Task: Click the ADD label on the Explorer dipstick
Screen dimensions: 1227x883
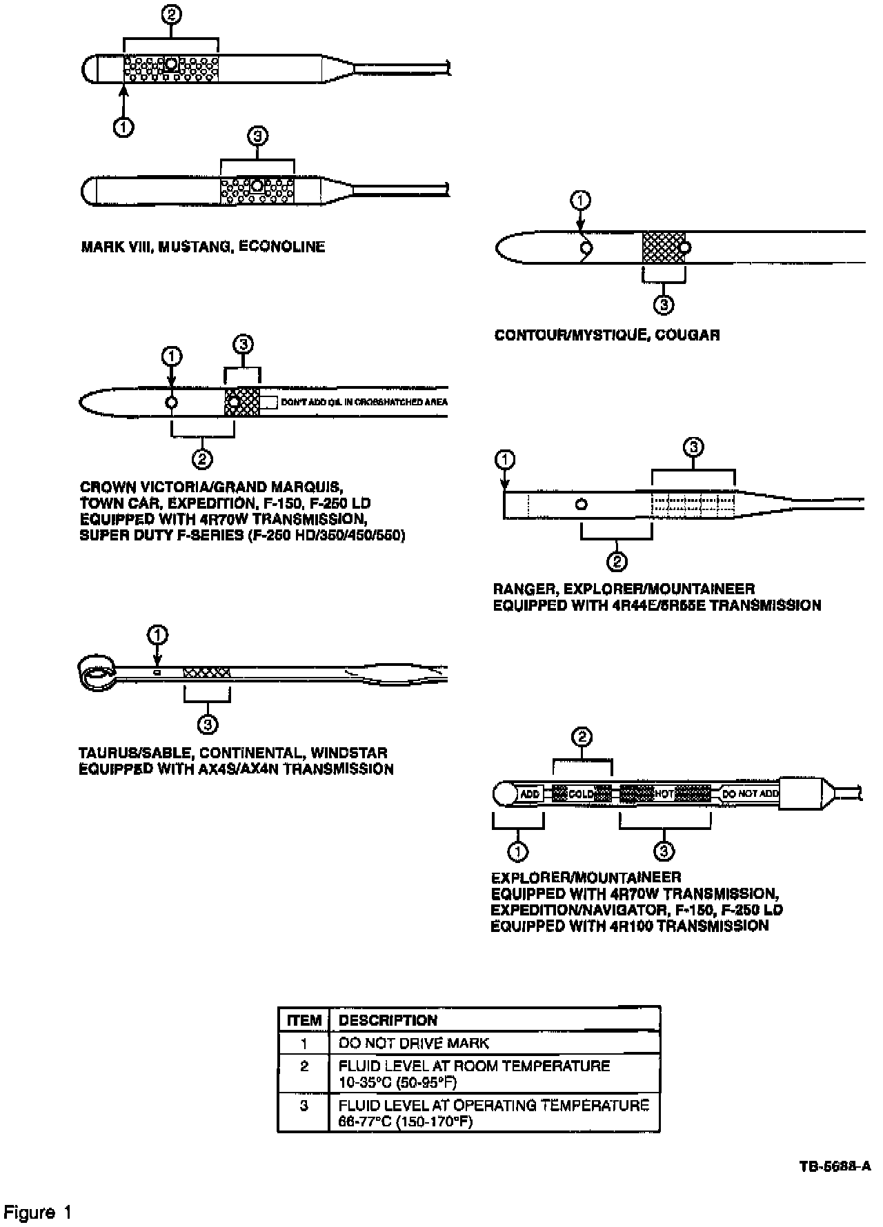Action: [530, 793]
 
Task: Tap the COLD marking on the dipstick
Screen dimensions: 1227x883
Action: [582, 793]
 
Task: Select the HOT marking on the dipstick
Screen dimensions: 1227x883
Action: [664, 793]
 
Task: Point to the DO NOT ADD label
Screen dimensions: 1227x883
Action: [750, 793]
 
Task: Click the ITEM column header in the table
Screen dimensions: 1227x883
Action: [304, 1020]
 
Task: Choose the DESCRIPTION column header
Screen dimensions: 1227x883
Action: [388, 1020]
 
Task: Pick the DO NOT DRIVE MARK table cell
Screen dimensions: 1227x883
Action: [413, 1044]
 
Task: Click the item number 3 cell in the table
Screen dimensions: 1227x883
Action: [304, 1106]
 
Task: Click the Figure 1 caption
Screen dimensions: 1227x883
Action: [38, 1212]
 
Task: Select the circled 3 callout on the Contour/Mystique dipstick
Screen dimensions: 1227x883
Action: [663, 304]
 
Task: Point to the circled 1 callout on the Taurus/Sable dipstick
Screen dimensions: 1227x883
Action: [159, 634]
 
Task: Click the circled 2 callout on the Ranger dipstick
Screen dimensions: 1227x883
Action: [616, 561]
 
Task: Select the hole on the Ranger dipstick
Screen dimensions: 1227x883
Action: [582, 505]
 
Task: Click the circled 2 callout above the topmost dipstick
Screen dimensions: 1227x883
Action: [171, 16]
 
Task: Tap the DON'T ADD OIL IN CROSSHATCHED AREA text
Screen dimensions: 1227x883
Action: [364, 402]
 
